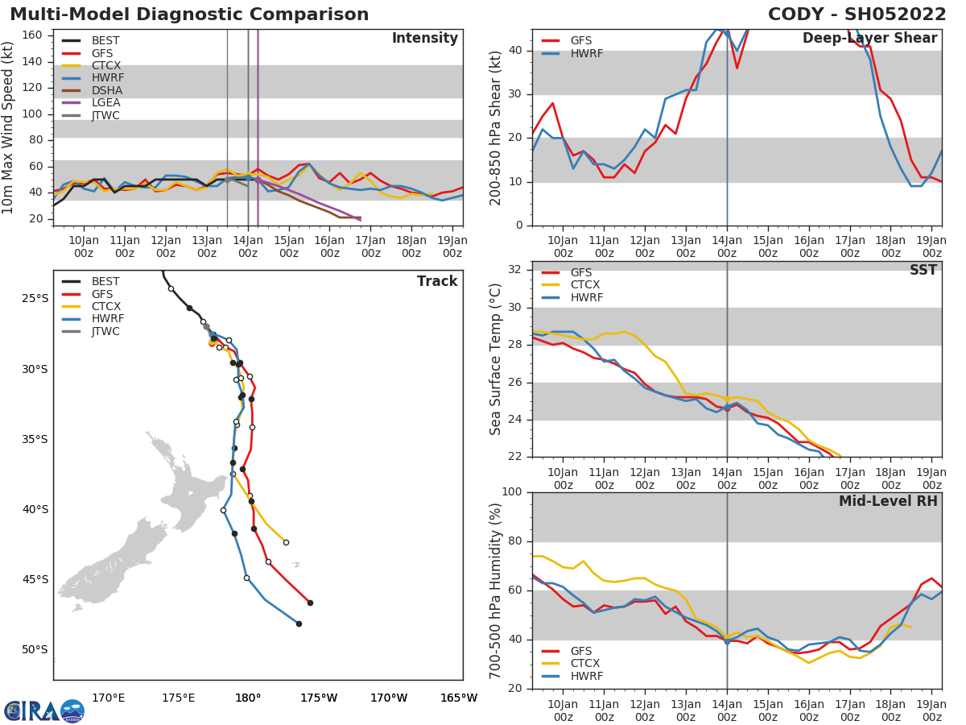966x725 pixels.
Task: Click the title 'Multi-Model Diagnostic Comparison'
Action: (189, 14)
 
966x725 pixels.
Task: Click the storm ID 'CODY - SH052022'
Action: (857, 14)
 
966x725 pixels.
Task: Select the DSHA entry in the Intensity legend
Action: (105, 89)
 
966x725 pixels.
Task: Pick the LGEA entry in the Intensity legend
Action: (105, 102)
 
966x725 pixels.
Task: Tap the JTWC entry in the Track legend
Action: (105, 331)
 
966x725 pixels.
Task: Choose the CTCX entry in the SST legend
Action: (584, 285)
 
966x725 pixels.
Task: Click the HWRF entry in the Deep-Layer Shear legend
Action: (586, 54)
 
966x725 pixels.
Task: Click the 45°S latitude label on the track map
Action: (35, 579)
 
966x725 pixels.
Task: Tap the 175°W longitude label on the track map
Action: (318, 698)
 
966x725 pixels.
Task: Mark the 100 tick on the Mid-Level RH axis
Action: (512, 492)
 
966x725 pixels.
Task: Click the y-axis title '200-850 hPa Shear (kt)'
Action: (496, 127)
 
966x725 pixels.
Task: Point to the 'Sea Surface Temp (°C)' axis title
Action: (496, 359)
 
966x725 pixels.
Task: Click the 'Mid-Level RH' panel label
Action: (888, 501)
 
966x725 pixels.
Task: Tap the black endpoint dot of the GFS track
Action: (310, 603)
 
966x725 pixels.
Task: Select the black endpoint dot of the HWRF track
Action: (299, 623)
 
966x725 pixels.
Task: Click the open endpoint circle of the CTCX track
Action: (286, 542)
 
